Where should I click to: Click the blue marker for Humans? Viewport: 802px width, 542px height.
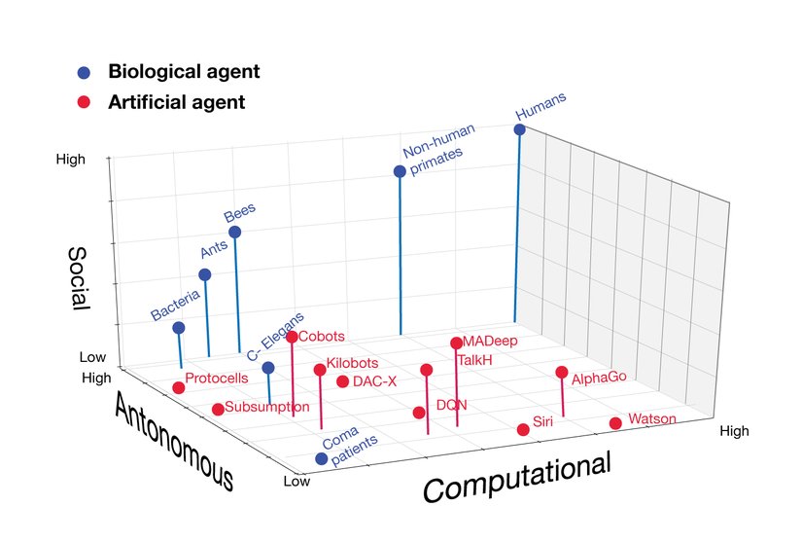pyautogui.click(x=519, y=129)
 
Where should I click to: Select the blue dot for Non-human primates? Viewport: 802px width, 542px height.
pyautogui.click(x=399, y=171)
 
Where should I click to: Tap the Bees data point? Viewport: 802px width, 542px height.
pyautogui.click(x=234, y=232)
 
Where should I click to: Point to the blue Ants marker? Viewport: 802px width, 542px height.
pyautogui.click(x=204, y=274)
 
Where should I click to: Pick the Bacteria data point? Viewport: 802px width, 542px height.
pyautogui.click(x=178, y=328)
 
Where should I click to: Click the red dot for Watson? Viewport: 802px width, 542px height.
pyautogui.click(x=615, y=422)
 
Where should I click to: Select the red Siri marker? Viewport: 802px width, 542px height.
pyautogui.click(x=522, y=429)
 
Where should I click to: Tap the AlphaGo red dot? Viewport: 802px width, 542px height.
pyautogui.click(x=561, y=372)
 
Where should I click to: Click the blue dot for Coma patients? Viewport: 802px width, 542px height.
pyautogui.click(x=321, y=458)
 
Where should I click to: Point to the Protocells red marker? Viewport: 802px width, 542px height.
pyautogui.click(x=179, y=388)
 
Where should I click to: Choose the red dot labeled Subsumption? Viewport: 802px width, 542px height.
pyautogui.click(x=218, y=409)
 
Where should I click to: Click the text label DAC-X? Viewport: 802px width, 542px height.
pyautogui.click(x=374, y=381)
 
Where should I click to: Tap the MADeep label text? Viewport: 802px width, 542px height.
pyautogui.click(x=490, y=342)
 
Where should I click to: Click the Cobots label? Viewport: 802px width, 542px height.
pyautogui.click(x=322, y=337)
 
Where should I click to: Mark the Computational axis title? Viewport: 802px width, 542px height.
pyautogui.click(x=516, y=477)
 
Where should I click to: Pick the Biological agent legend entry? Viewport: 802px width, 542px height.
pyautogui.click(x=184, y=72)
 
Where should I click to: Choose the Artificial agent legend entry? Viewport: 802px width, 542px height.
pyautogui.click(x=176, y=101)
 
